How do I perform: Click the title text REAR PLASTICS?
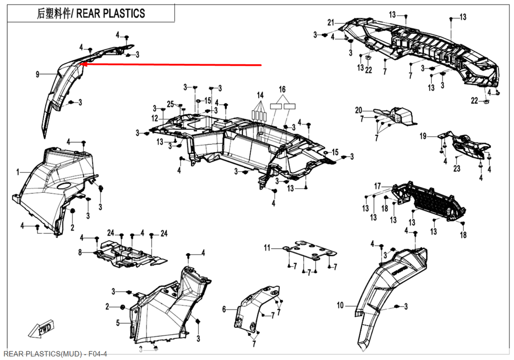point(111,13)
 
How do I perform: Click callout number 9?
point(38,75)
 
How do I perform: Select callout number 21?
point(331,22)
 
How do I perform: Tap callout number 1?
point(17,171)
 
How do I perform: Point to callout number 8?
point(80,253)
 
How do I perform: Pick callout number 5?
point(224,309)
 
